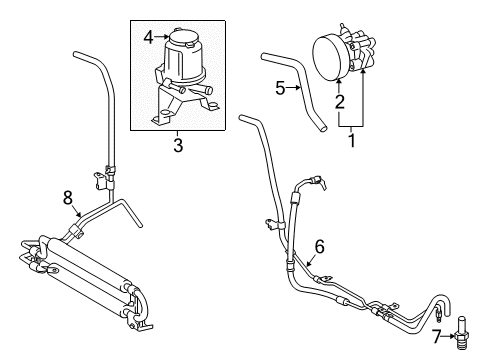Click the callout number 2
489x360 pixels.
click(339, 102)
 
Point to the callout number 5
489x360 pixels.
click(281, 88)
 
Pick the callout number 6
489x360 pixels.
click(319, 246)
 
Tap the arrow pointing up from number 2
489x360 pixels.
click(339, 85)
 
